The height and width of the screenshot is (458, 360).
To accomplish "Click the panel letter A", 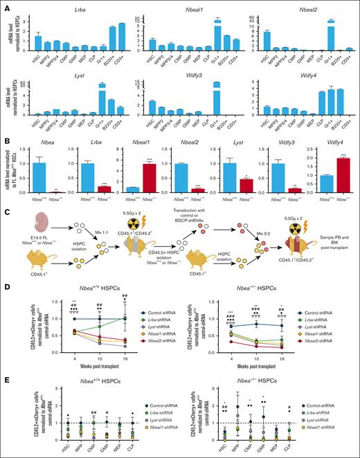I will pyautogui.click(x=5, y=5).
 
